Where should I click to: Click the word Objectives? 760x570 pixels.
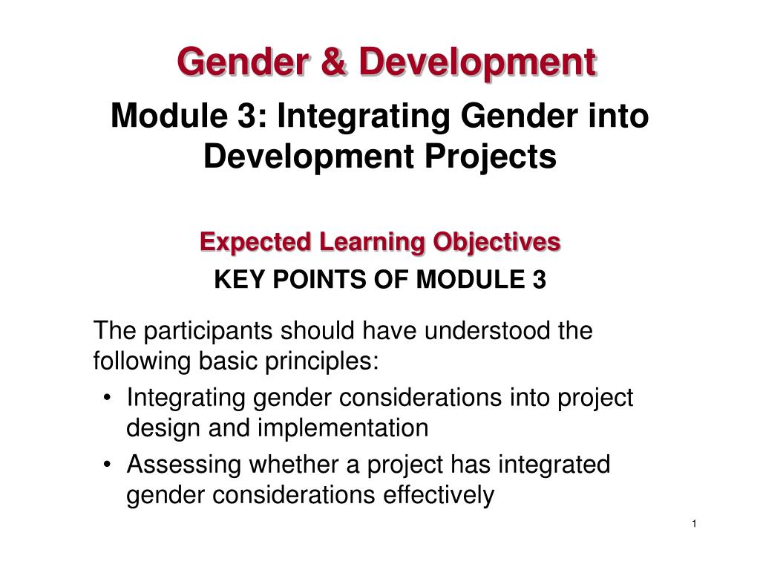point(497,242)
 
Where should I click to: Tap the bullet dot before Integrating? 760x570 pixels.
point(110,399)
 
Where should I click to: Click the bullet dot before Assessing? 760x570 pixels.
point(110,465)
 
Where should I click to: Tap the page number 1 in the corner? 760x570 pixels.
point(693,525)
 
